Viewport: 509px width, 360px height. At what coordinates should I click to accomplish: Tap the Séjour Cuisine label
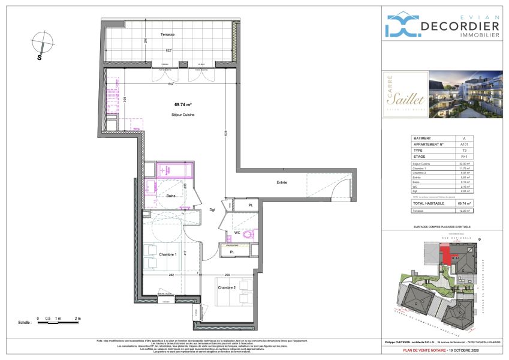pyautogui.click(x=179, y=114)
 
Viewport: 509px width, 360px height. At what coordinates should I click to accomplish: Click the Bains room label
pyautogui.click(x=170, y=196)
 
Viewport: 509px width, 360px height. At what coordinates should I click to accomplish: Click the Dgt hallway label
pyautogui.click(x=212, y=209)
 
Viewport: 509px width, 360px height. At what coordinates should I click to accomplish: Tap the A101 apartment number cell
pyautogui.click(x=463, y=144)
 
